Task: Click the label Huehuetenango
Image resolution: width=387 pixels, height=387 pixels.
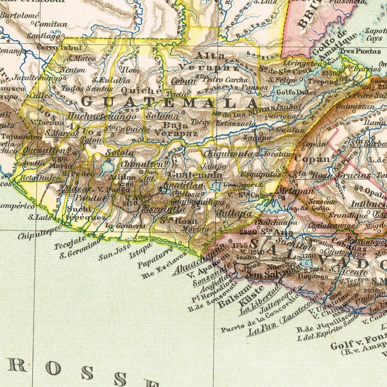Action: tap(102, 117)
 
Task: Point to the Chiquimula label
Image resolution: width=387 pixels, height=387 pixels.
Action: tap(229, 154)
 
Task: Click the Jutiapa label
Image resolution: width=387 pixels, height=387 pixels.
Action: tap(234, 212)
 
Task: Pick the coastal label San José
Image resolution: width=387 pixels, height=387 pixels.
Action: tap(114, 252)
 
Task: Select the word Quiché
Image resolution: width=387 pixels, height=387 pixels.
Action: tap(135, 90)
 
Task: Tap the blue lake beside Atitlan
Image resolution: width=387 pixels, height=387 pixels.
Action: tap(107, 166)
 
